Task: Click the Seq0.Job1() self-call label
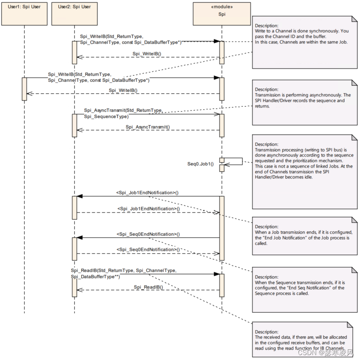click(x=200, y=164)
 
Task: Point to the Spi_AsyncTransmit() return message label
click(x=148, y=127)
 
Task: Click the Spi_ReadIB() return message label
click(x=148, y=287)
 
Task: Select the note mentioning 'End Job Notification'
click(x=302, y=237)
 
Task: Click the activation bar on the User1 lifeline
click(x=24, y=89)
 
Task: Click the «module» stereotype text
click(x=222, y=7)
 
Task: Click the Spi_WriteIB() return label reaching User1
click(x=123, y=90)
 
